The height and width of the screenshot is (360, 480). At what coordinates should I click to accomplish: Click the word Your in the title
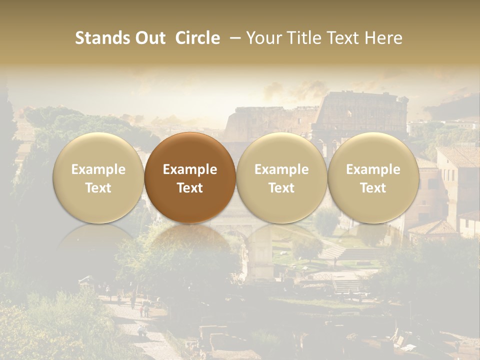(x=263, y=38)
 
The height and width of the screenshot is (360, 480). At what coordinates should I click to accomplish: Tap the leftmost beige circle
(x=98, y=177)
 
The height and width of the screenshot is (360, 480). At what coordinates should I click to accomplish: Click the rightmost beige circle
(x=373, y=177)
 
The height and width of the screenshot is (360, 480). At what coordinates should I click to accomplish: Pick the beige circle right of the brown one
(x=281, y=177)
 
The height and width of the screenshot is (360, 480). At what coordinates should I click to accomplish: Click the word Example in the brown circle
(x=190, y=169)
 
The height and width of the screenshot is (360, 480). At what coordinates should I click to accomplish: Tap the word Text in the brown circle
(x=190, y=188)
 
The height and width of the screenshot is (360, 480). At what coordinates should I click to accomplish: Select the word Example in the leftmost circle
(x=98, y=169)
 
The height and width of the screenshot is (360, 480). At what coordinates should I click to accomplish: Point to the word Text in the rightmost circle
(x=373, y=188)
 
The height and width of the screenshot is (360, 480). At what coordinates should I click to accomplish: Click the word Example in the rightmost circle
(x=373, y=169)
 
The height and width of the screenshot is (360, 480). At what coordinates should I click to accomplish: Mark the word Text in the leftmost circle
(x=98, y=188)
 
